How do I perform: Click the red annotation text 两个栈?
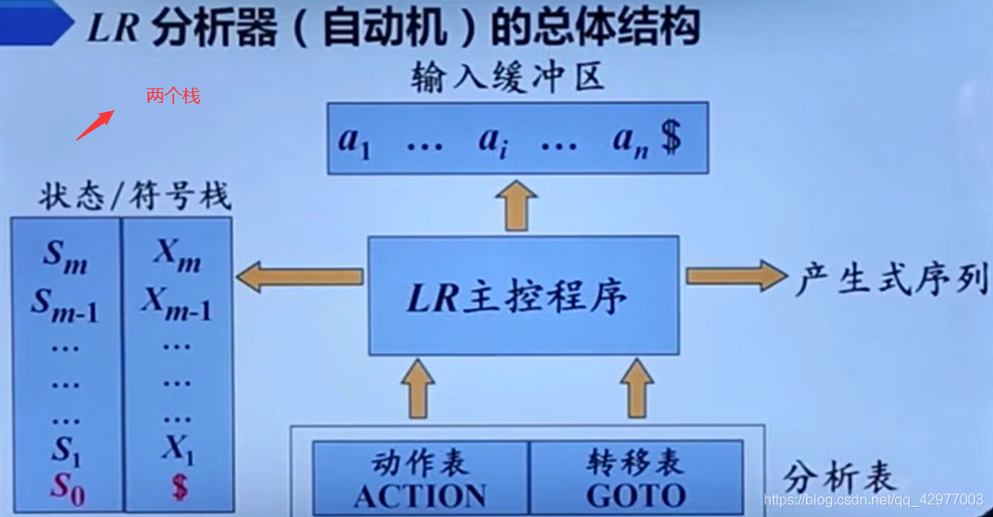coord(172,95)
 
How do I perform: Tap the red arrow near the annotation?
coord(94,125)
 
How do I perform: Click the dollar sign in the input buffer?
coord(670,139)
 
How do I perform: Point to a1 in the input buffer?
coord(354,140)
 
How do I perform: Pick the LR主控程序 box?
coord(523,296)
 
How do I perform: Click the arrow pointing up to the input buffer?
coord(518,205)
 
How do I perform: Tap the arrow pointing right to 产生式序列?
coord(735,276)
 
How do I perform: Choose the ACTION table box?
coord(420,478)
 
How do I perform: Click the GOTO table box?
coord(636,478)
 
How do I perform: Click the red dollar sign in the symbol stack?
coord(179,487)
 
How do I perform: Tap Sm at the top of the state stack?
coord(65,256)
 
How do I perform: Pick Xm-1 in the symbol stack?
coord(176,304)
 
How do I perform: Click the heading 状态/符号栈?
coord(135,197)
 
